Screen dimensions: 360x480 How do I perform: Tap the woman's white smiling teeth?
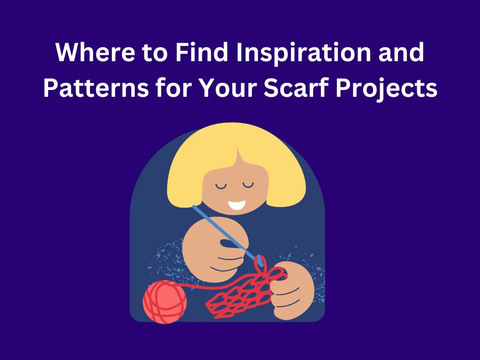tap(237, 205)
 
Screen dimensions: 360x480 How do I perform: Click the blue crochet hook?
tap(224, 232)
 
